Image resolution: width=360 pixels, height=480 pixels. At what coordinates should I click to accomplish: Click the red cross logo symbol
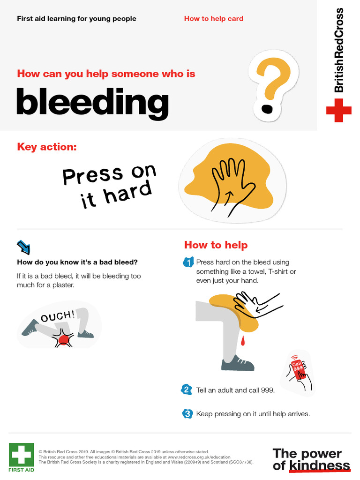tap(338, 111)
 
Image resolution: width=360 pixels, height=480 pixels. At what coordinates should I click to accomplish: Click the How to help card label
tap(213, 19)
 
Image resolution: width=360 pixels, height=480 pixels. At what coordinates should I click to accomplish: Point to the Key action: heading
tap(47, 147)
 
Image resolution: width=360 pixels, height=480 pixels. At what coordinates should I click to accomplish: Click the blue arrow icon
tap(23, 247)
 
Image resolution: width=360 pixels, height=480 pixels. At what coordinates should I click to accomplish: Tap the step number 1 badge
tap(187, 262)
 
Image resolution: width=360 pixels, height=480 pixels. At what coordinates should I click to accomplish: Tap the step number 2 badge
tap(187, 390)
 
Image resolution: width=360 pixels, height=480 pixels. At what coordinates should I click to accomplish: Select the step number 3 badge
tap(187, 414)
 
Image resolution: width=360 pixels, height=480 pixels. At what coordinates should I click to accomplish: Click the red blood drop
tap(243, 342)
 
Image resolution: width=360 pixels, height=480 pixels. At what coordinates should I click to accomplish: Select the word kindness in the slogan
tap(319, 465)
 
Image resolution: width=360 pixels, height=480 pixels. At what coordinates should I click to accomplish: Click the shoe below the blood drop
tap(237, 364)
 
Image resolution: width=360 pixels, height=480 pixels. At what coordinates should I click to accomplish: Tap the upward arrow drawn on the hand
tap(229, 196)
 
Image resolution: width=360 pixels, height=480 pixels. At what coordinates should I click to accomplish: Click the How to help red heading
tap(216, 245)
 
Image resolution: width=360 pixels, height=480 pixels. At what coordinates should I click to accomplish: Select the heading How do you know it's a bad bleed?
tap(77, 262)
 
